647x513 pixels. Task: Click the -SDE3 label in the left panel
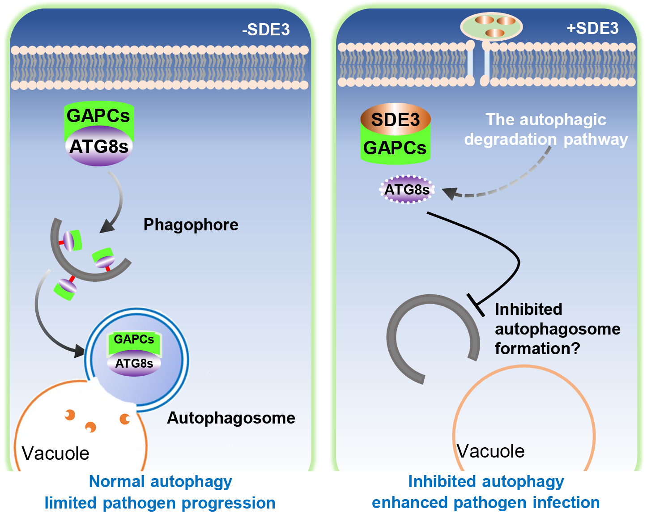coord(266,30)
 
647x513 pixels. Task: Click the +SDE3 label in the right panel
coord(592,28)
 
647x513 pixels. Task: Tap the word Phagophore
coord(191,225)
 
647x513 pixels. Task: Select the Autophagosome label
coord(231,418)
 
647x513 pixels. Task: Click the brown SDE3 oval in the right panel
coord(396,119)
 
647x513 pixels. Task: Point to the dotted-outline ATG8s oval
coord(407,190)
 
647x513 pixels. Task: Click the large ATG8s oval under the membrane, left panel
coord(99,147)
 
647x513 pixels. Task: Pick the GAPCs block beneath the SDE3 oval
coord(395,148)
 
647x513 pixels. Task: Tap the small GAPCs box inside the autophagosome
coord(134,339)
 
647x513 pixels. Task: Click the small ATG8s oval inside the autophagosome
coord(134,363)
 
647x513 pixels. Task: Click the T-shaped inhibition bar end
coord(476,305)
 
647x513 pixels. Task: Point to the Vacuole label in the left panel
coord(55,454)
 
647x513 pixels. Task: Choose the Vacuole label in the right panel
coord(491,451)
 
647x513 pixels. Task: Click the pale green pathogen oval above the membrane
coord(491,27)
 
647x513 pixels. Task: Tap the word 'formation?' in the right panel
coord(537,348)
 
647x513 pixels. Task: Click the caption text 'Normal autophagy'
coord(161,482)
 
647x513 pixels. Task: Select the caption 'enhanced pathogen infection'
coord(485,503)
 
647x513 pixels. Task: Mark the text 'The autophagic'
coord(546,120)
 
